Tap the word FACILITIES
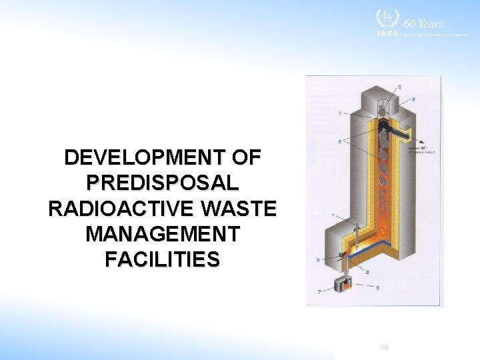pos(162,259)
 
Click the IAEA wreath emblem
pos(385,18)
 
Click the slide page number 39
pos(384,347)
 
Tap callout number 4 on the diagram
pos(340,113)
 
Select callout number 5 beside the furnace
pos(340,141)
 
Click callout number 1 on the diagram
pos(333,215)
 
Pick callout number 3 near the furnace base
pos(318,259)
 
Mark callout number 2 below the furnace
pos(367,272)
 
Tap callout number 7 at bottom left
pos(319,292)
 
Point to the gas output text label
pos(418,149)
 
